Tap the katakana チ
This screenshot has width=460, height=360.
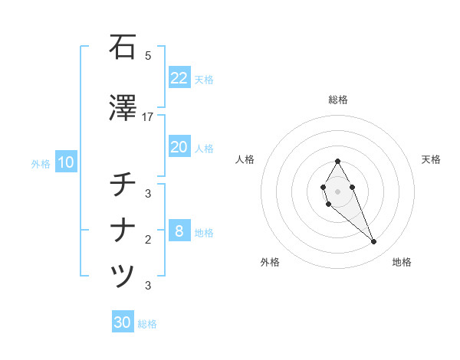tap(123, 185)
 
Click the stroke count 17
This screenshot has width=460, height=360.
tap(148, 117)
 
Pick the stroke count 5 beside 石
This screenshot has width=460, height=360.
tap(148, 56)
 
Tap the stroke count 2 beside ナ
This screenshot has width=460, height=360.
tap(148, 240)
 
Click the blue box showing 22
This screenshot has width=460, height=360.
tap(179, 78)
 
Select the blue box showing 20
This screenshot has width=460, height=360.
tap(179, 147)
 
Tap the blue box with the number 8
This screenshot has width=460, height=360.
tap(179, 231)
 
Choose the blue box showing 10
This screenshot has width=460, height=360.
tap(65, 162)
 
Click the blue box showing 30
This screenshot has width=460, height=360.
tap(123, 322)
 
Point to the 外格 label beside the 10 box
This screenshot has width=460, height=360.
tap(41, 163)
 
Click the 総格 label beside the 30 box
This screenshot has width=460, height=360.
tap(147, 324)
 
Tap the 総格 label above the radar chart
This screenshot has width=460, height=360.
tap(338, 100)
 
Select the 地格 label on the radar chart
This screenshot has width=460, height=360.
tap(402, 263)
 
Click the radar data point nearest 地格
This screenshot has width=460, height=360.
tap(374, 242)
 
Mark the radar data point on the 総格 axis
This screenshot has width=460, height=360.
tap(338, 161)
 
